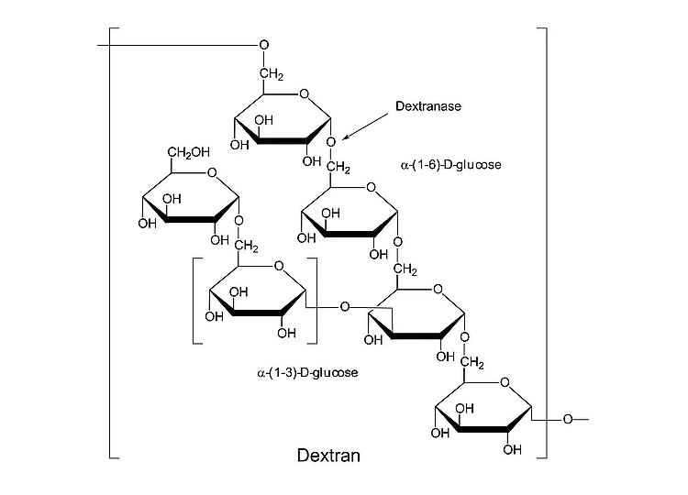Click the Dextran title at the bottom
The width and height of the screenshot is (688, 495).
[x=329, y=455]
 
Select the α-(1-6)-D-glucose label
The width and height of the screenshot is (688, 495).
[x=450, y=166]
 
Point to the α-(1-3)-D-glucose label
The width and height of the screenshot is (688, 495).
[x=307, y=373]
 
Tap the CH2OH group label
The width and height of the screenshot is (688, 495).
[x=188, y=152]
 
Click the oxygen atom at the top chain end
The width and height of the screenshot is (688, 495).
[x=264, y=45]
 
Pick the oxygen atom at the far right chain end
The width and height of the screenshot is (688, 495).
[x=568, y=420]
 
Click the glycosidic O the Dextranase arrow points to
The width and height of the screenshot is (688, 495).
[x=331, y=142]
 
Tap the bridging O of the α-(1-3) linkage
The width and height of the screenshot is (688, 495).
[x=345, y=305]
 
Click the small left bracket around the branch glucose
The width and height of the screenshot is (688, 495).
[x=195, y=301]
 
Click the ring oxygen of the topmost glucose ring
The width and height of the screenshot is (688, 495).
[x=304, y=93]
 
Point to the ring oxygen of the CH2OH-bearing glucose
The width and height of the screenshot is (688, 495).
[x=212, y=171]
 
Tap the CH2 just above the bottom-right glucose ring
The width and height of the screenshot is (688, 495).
[x=472, y=365]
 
